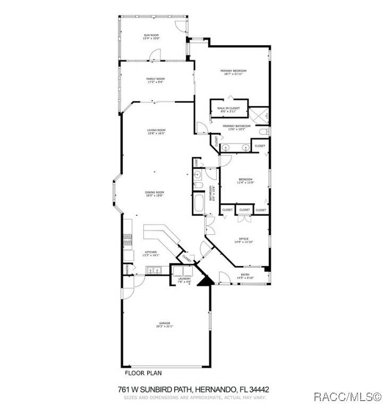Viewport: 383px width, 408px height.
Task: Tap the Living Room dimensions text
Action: tap(157, 133)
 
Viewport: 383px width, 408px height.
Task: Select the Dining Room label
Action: tap(155, 193)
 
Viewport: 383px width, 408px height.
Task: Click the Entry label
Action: tap(245, 275)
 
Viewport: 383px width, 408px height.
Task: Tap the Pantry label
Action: tap(127, 270)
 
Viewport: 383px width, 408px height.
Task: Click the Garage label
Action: tap(165, 324)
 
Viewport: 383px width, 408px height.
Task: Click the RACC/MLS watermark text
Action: tap(347, 397)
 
